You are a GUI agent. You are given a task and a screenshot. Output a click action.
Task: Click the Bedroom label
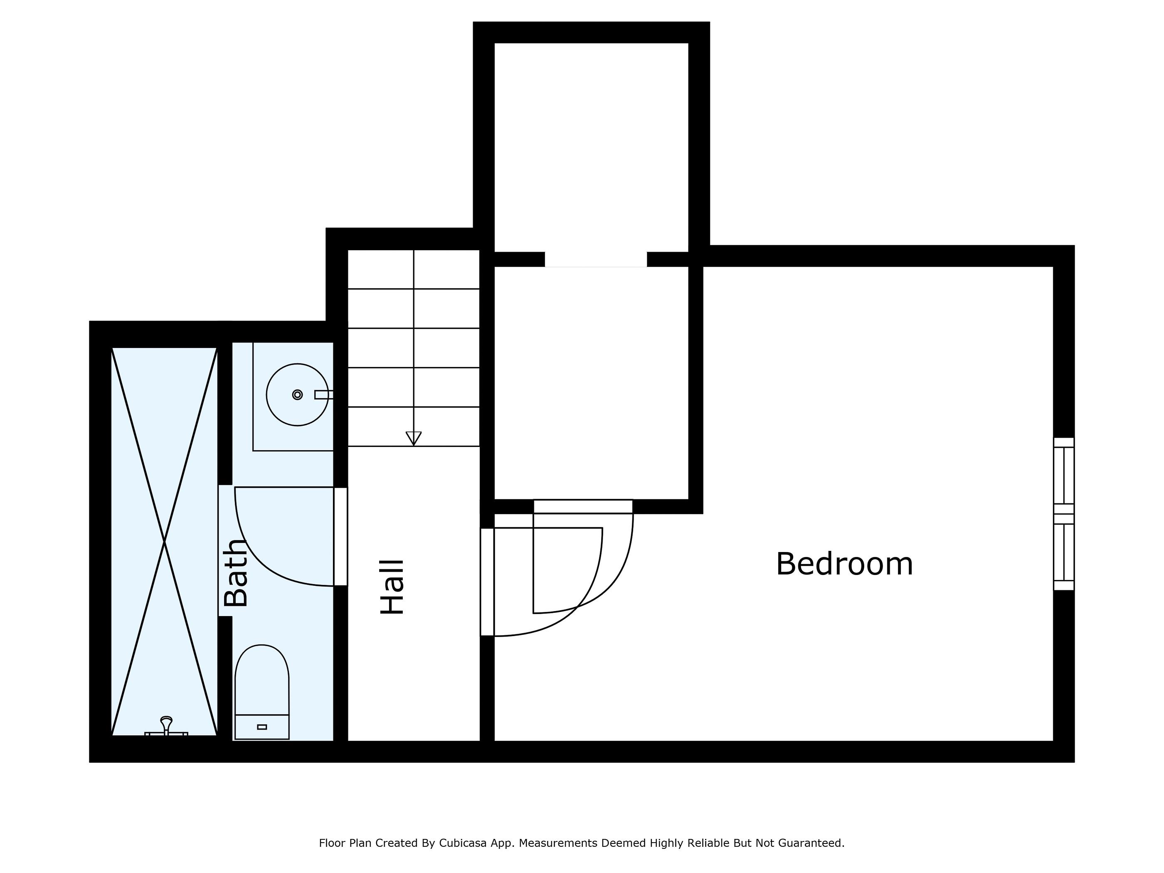[x=843, y=564]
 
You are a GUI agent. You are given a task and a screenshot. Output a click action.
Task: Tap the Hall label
[x=392, y=587]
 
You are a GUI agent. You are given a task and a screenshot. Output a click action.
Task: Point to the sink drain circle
[x=297, y=395]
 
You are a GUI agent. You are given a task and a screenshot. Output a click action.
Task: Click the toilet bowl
[x=261, y=679]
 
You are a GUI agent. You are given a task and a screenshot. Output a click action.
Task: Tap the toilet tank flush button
[x=261, y=727]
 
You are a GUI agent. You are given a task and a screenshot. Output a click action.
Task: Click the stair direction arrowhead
[x=414, y=438]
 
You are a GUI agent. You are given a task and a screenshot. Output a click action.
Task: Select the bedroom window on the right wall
[x=1063, y=513]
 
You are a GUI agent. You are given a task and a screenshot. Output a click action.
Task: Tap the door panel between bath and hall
[x=340, y=536]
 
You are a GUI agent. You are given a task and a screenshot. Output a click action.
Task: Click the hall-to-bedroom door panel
[x=487, y=582]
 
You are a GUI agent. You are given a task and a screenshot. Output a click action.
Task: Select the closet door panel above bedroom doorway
[x=583, y=506]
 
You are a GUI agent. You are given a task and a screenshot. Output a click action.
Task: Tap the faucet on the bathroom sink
[x=323, y=395]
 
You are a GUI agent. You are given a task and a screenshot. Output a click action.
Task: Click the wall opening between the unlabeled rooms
[x=595, y=259]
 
